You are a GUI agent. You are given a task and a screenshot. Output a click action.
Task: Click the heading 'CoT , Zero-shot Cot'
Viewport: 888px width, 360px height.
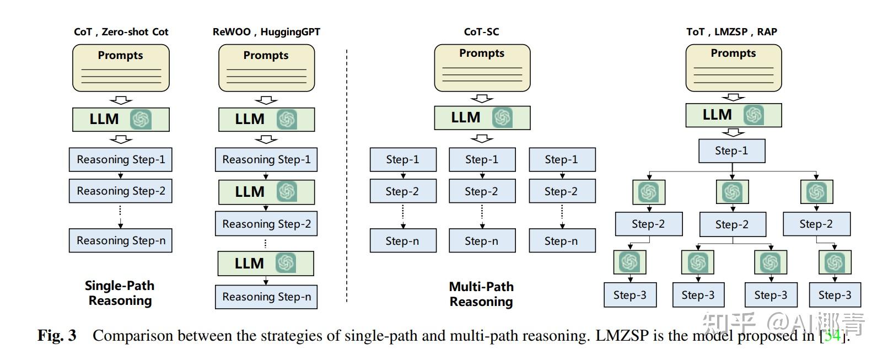121,32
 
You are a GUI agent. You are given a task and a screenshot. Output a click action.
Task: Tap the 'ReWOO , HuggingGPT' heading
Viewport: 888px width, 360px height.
266,32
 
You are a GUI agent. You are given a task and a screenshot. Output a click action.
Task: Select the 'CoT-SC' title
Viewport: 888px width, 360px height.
481,32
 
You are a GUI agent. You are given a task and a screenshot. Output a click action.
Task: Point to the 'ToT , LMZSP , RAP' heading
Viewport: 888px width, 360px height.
731,32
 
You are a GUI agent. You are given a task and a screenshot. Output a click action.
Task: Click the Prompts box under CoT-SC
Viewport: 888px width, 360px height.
482,68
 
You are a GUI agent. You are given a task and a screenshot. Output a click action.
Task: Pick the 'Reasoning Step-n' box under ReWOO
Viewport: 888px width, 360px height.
266,297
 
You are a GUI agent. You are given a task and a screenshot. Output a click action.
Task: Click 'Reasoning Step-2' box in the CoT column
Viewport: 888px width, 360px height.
121,191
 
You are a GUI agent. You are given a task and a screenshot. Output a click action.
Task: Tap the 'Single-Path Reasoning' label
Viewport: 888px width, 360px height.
120,293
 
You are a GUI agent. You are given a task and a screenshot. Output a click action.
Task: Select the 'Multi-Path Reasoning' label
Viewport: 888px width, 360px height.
481,294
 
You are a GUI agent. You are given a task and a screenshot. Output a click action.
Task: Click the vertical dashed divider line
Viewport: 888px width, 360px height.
347,176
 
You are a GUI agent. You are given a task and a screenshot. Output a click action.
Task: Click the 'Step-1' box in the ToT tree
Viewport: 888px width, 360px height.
731,151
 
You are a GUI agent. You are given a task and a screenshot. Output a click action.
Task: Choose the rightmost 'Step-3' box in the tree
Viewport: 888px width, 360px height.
835,295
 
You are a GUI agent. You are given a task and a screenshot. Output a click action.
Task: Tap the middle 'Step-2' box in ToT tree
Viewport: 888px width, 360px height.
732,224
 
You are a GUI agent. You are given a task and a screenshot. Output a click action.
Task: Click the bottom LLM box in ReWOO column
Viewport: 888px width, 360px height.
266,264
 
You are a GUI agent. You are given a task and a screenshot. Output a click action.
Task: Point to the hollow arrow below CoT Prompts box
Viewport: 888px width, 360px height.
121,100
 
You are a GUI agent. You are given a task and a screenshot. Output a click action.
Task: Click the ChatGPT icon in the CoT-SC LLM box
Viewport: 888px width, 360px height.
502,117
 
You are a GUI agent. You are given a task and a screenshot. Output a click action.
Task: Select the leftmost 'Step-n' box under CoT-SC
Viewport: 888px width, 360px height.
402,241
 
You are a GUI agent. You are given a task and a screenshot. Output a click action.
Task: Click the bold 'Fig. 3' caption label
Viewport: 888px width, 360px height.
57,335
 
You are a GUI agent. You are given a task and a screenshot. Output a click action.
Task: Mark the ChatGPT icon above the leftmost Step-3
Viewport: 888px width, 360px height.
629,262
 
